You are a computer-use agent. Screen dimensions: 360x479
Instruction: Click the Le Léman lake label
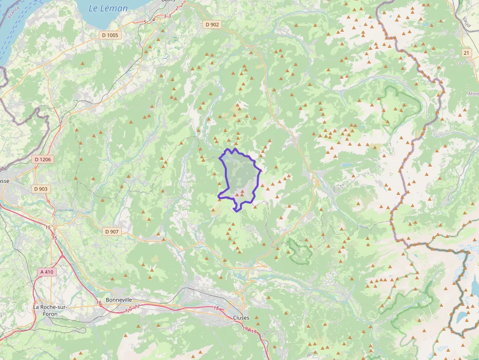(x=108, y=8)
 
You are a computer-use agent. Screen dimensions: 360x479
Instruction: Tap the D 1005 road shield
(x=110, y=35)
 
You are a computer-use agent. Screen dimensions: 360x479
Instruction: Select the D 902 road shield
(x=212, y=24)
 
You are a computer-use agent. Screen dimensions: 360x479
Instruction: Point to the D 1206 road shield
(x=43, y=160)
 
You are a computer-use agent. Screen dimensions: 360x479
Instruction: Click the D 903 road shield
(x=42, y=189)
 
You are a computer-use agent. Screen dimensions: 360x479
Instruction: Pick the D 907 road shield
(x=111, y=232)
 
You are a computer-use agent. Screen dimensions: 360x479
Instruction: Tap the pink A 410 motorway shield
(x=47, y=272)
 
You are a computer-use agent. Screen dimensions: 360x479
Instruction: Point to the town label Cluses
(x=241, y=318)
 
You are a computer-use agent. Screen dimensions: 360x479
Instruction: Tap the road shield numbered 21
(x=466, y=53)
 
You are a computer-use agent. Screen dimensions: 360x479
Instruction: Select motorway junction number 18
(x=216, y=308)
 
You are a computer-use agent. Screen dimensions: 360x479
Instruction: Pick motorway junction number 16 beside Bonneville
(x=99, y=303)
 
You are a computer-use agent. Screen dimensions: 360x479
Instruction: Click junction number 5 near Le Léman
(x=145, y=22)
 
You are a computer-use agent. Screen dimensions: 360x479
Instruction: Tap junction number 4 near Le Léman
(x=153, y=19)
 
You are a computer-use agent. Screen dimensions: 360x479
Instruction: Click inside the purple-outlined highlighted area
(x=239, y=176)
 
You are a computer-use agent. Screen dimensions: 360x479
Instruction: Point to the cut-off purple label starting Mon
(x=473, y=94)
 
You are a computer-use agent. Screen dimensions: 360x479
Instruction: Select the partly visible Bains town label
(x=168, y=1)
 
